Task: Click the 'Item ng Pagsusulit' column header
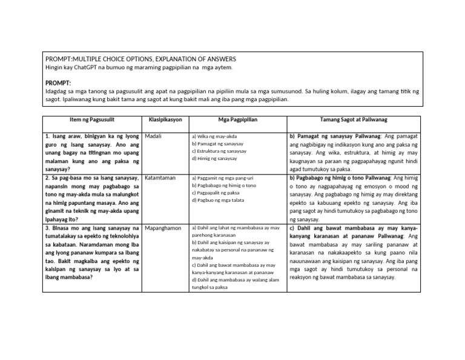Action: tap(92, 120)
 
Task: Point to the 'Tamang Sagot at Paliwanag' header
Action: tap(355, 120)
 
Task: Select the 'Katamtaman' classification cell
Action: tap(160, 178)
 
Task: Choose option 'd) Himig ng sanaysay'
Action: tap(214, 158)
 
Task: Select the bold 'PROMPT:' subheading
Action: tap(58, 82)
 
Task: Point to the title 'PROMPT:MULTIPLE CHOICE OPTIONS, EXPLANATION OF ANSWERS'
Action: tap(140, 59)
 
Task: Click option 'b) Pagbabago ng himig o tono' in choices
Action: tap(224, 185)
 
